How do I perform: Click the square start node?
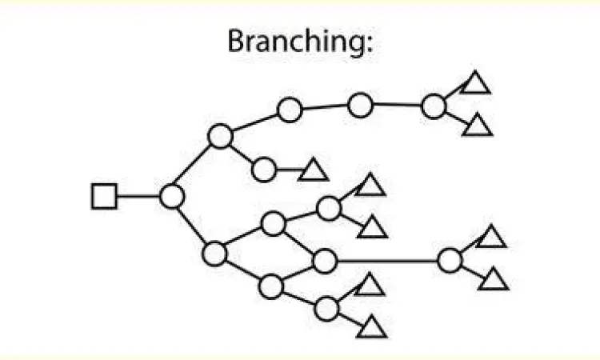pyautogui.click(x=104, y=196)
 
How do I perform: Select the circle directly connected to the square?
pyautogui.click(x=172, y=196)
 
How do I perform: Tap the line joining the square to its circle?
pyautogui.click(x=138, y=196)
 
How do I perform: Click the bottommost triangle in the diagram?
pyautogui.click(x=372, y=326)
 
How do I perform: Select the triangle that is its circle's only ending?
pyautogui.click(x=313, y=170)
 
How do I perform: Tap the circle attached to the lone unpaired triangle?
pyautogui.click(x=264, y=170)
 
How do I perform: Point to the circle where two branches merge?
pyautogui.click(x=324, y=261)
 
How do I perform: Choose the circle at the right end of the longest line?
pyautogui.click(x=450, y=261)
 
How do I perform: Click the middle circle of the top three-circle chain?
pyautogui.click(x=361, y=104)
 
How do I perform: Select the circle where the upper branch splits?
pyautogui.click(x=220, y=137)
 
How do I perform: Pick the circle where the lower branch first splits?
pyautogui.click(x=214, y=254)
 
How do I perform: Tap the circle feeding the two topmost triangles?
pyautogui.click(x=433, y=106)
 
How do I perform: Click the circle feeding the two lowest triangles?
pyautogui.click(x=326, y=308)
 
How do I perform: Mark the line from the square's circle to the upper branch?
pyautogui.click(x=196, y=166)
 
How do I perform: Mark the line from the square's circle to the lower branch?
pyautogui.click(x=193, y=225)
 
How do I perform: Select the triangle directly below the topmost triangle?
pyautogui.click(x=477, y=126)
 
